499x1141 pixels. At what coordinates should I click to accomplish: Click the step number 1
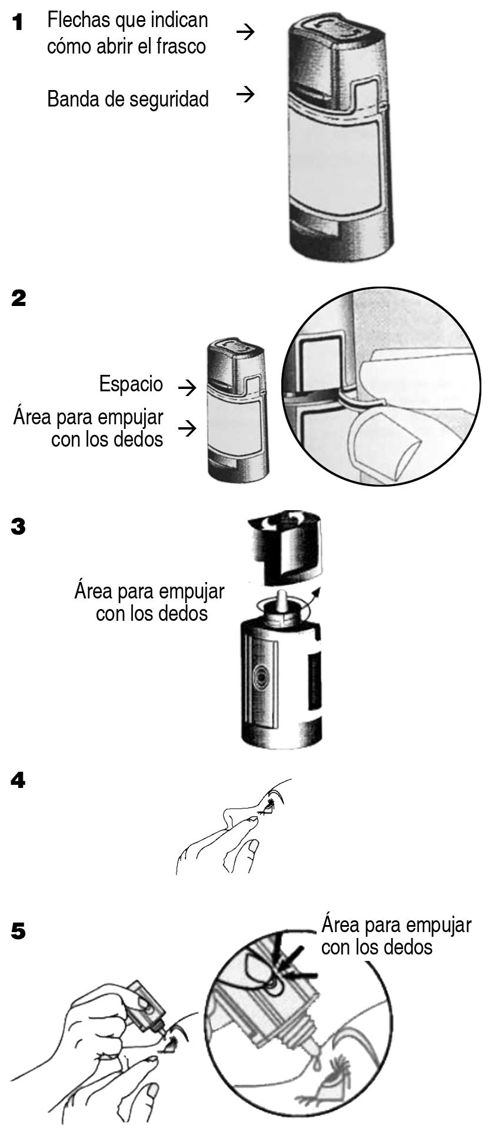[18, 23]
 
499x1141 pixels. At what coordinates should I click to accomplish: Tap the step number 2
[19, 298]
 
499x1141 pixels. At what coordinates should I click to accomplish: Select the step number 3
[18, 527]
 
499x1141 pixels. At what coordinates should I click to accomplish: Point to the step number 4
[18, 781]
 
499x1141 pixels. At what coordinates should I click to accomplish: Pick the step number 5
[18, 932]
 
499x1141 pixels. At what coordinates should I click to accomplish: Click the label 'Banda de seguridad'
[128, 98]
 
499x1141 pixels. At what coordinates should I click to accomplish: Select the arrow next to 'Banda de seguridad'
[245, 94]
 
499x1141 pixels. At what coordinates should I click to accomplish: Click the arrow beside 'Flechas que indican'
[245, 32]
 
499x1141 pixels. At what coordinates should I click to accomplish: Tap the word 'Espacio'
[131, 384]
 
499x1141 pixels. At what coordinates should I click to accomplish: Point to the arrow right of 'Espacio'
[187, 387]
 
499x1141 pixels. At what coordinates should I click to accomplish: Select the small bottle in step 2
[236, 410]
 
